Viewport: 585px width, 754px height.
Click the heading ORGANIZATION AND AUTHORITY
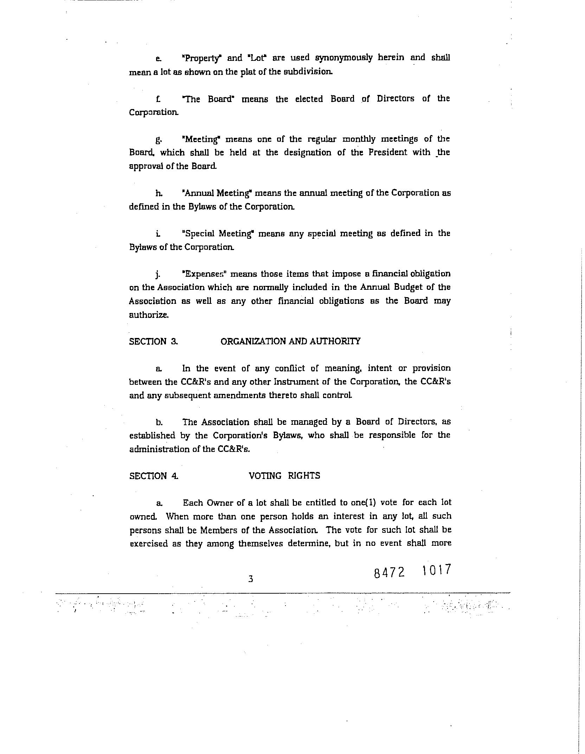click(290, 341)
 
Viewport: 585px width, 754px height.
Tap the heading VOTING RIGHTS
click(284, 475)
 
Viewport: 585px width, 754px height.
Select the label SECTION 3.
click(153, 341)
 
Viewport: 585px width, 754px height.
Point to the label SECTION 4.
click(154, 476)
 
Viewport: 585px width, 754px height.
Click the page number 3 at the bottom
click(251, 579)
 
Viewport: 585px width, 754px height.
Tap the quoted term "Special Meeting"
click(218, 234)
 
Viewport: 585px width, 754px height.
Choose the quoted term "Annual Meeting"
click(218, 193)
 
